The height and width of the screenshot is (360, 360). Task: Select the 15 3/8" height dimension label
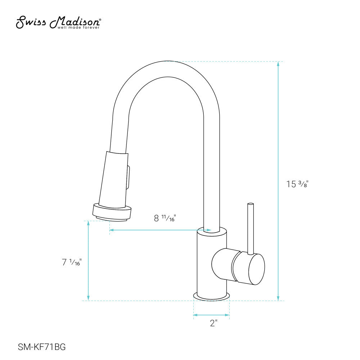pos(297,184)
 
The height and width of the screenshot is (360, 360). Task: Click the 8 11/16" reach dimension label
pos(164,218)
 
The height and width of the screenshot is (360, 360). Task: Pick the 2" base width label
pos(213,323)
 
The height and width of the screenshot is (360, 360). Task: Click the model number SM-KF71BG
pos(42,347)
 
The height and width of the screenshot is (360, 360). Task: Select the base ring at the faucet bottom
pos(212,296)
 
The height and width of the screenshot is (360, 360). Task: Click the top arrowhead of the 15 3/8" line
pos(278,64)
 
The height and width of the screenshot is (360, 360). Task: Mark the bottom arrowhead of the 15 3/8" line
pos(278,298)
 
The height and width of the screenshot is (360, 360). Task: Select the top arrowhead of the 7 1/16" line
pos(89,223)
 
